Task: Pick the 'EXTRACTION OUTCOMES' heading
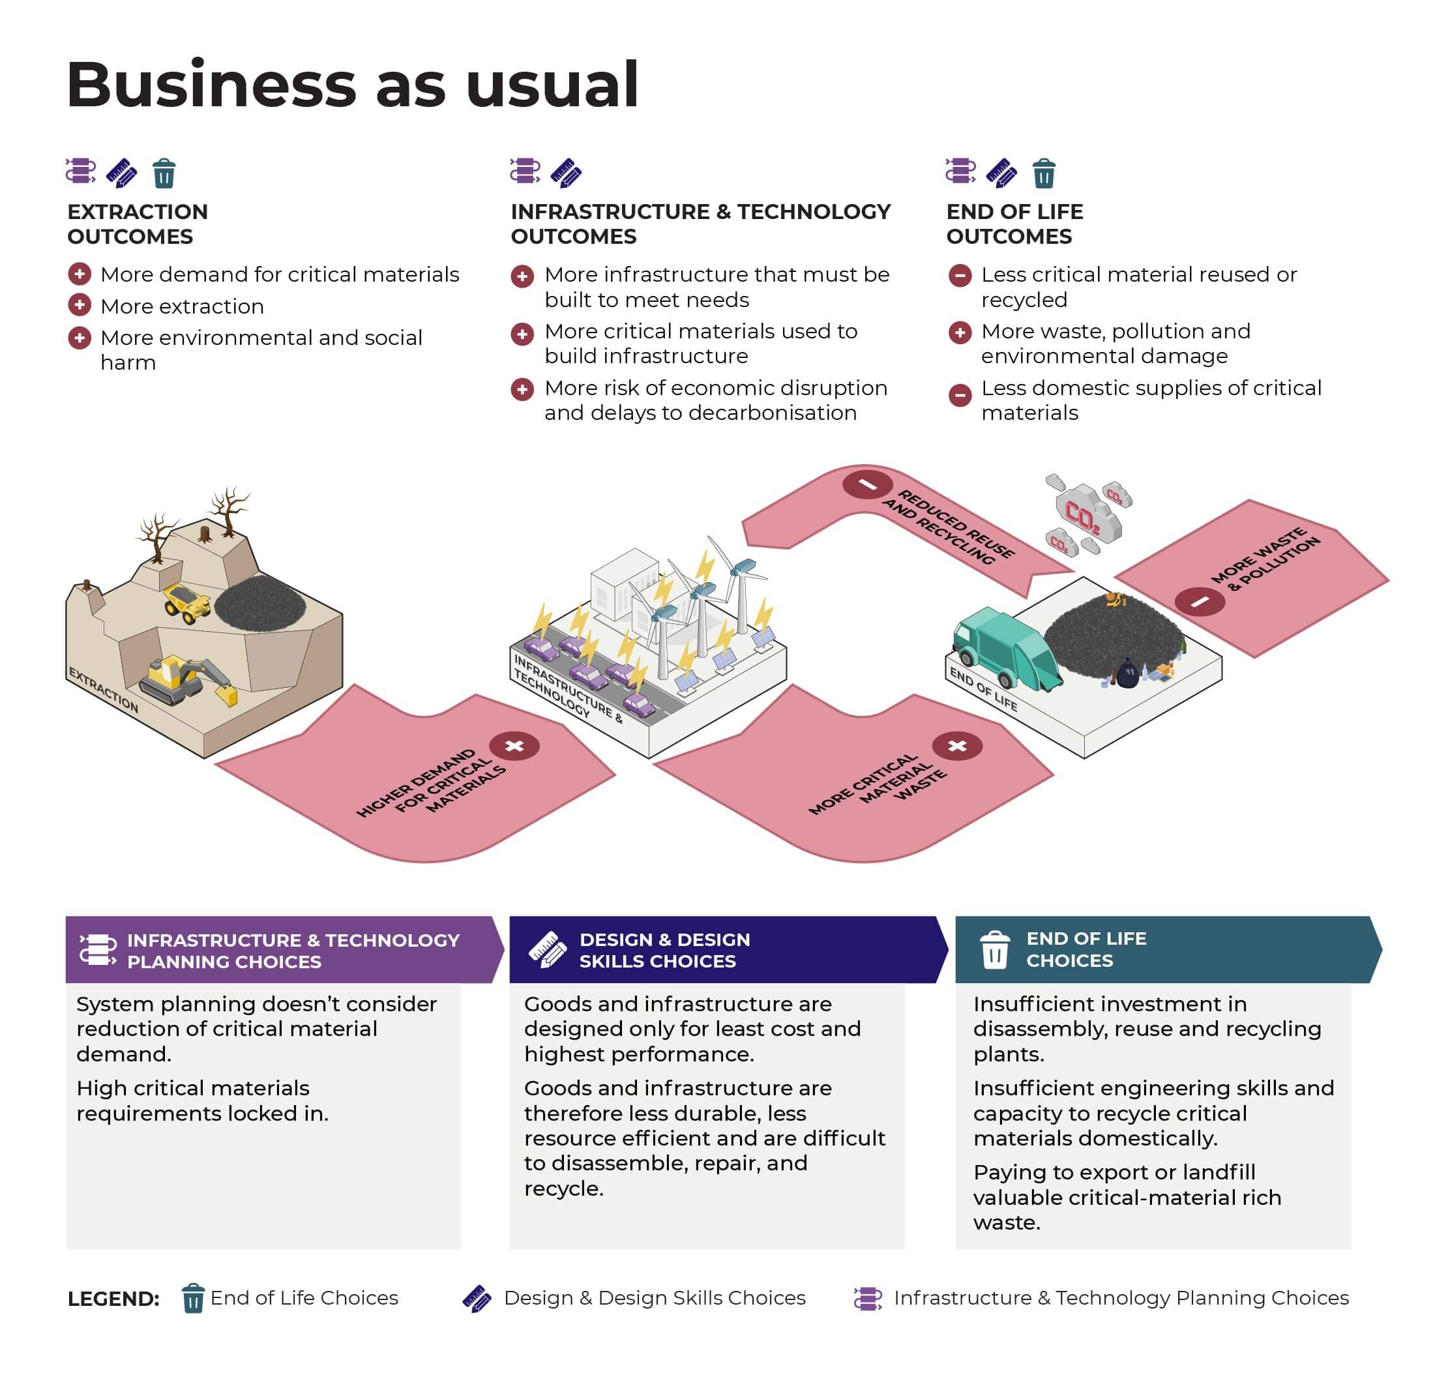click(x=138, y=224)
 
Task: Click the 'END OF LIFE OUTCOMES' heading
click(x=1014, y=224)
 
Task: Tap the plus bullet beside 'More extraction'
click(x=79, y=305)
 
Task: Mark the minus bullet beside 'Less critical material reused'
click(x=959, y=276)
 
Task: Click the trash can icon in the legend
click(x=193, y=1298)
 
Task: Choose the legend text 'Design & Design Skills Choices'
click(x=655, y=1298)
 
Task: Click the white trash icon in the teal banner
click(x=994, y=949)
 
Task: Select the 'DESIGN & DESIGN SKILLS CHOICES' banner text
click(x=664, y=950)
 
